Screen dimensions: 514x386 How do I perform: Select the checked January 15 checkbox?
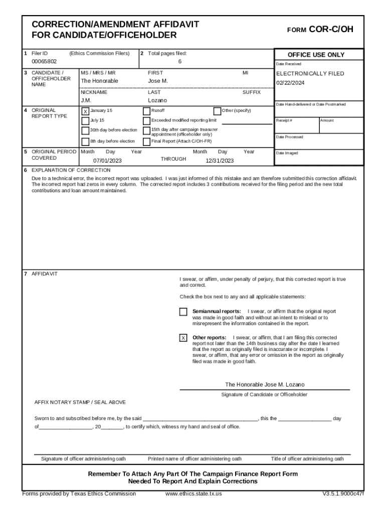click(85, 111)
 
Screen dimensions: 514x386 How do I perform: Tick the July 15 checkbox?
click(85, 121)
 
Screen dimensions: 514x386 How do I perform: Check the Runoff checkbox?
click(146, 111)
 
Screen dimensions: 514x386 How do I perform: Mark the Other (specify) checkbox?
click(217, 111)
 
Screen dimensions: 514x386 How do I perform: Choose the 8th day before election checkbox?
click(85, 142)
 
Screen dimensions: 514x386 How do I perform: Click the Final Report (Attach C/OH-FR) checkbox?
click(146, 142)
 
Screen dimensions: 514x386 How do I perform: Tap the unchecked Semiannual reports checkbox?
click(183, 312)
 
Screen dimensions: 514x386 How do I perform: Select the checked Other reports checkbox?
click(183, 338)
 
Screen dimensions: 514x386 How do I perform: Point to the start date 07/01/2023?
click(107, 161)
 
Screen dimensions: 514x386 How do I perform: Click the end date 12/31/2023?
click(220, 161)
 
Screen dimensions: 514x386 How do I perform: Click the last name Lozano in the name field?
click(157, 100)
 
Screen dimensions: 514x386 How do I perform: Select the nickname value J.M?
click(86, 100)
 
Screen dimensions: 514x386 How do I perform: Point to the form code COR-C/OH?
click(331, 30)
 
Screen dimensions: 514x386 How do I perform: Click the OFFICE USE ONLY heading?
click(316, 55)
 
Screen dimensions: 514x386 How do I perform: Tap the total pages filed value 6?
click(179, 61)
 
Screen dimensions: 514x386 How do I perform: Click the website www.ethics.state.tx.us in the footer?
click(194, 493)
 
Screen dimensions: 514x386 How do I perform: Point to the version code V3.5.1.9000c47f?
click(343, 493)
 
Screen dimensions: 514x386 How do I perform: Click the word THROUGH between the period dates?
click(173, 159)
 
